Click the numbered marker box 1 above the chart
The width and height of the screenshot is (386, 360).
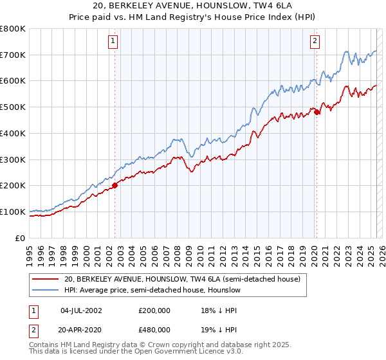tap(113, 42)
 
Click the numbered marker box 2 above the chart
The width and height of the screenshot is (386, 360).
tap(315, 42)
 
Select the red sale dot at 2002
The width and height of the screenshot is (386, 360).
tap(115, 185)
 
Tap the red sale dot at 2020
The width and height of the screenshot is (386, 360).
tap(317, 111)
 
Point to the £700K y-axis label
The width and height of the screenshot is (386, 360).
tap(13, 55)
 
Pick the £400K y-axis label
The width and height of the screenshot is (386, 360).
tap(13, 133)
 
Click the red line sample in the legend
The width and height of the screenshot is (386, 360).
tap(45, 279)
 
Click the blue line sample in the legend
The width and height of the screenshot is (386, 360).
tap(45, 291)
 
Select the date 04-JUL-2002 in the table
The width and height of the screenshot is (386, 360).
tap(81, 310)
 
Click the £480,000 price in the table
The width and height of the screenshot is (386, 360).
tap(154, 329)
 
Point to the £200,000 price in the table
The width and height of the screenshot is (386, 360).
tap(154, 310)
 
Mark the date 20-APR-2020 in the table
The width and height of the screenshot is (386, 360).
tap(81, 329)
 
